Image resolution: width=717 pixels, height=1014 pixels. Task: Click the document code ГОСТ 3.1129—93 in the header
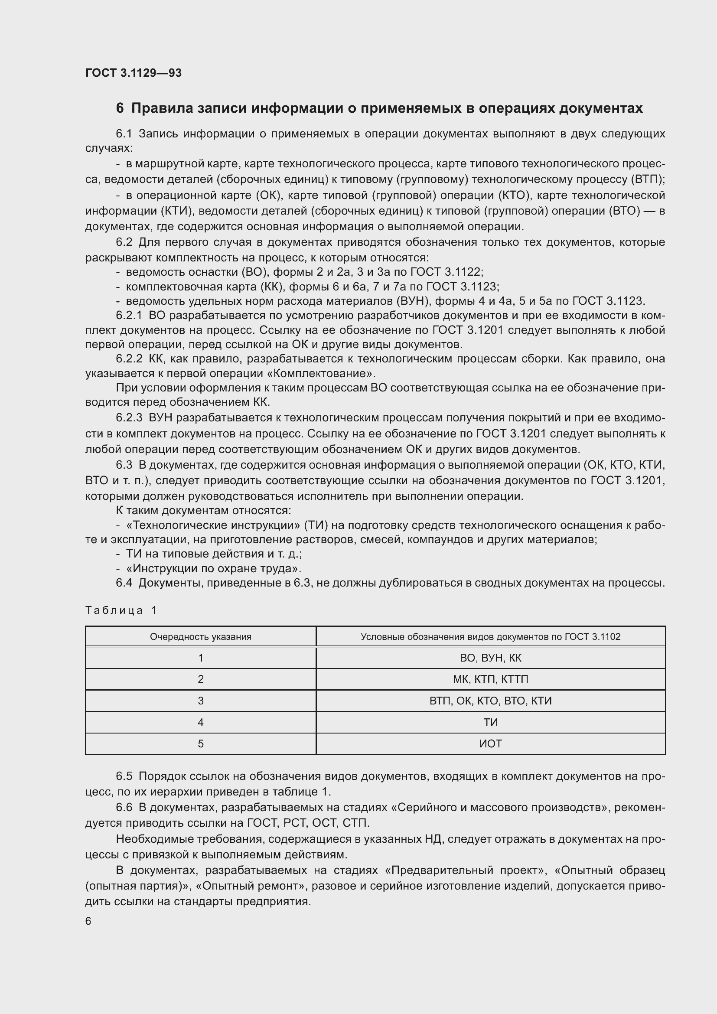point(134,73)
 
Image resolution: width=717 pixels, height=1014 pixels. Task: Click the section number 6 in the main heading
point(120,108)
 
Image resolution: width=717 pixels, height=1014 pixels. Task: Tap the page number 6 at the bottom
point(88,921)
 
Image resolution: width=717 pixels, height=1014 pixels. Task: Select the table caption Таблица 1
point(121,610)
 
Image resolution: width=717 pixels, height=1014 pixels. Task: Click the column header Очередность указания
point(200,637)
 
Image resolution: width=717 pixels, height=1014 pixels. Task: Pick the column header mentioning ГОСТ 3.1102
point(490,637)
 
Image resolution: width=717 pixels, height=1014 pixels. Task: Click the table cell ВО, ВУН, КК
point(490,658)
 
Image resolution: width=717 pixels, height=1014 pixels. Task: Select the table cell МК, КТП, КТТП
point(490,679)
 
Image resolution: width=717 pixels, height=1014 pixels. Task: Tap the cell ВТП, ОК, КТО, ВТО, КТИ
point(490,701)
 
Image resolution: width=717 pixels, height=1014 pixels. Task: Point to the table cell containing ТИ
point(490,723)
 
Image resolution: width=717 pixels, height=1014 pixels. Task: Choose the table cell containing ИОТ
point(490,744)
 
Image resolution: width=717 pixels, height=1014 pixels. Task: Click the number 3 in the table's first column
point(200,701)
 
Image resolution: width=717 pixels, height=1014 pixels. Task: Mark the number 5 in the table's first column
point(200,744)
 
